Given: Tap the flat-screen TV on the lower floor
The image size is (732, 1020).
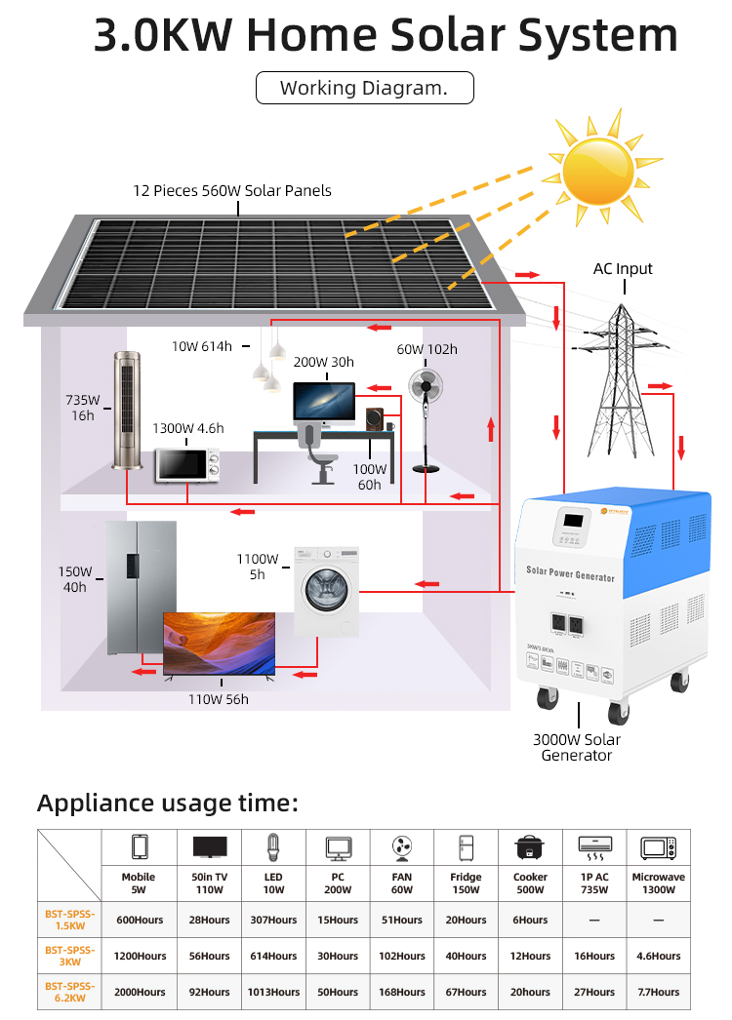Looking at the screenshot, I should click(x=219, y=644).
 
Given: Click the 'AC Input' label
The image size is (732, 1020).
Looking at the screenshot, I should click(x=623, y=269).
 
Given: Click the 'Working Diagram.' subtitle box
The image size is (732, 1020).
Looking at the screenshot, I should click(x=364, y=88).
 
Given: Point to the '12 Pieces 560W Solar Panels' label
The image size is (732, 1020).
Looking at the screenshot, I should click(x=232, y=191).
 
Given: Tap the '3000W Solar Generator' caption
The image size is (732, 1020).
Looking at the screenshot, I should click(x=577, y=747).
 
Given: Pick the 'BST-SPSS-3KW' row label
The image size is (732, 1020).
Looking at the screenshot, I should click(x=69, y=956).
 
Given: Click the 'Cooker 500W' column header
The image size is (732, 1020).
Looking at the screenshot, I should click(x=530, y=883).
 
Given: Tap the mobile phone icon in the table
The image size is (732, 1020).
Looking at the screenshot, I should click(x=139, y=846).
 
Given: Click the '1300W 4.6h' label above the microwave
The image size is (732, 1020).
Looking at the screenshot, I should click(x=187, y=428).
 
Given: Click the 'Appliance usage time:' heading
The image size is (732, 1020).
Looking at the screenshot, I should click(x=167, y=804).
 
